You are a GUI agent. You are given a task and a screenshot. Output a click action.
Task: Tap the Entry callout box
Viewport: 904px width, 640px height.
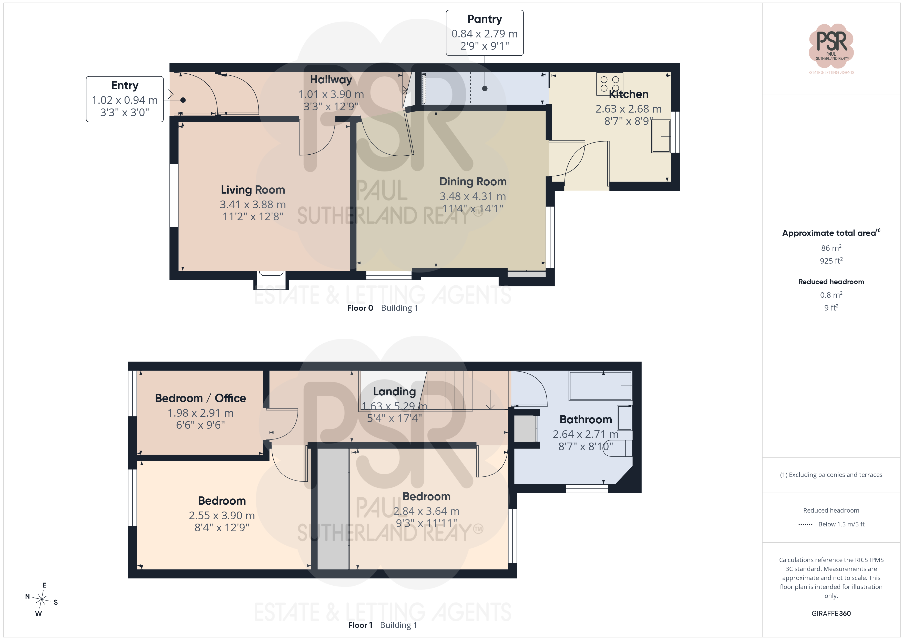click(x=125, y=99)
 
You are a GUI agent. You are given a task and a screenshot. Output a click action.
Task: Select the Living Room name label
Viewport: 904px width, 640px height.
click(x=253, y=190)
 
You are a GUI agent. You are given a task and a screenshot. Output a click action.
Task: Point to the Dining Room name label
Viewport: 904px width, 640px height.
click(x=472, y=182)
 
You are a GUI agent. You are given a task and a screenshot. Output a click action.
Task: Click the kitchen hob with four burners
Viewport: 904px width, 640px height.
click(x=610, y=84)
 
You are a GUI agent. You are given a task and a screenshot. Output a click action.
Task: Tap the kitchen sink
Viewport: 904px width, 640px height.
click(x=661, y=136)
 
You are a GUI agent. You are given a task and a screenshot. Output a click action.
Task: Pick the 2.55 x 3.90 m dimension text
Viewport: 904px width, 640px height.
click(x=222, y=515)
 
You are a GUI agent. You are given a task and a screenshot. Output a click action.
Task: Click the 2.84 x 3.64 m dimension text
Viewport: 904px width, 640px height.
click(x=426, y=511)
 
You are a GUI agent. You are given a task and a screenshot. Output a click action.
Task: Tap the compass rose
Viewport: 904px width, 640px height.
click(x=41, y=599)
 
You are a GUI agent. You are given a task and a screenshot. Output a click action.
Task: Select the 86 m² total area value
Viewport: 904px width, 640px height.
click(x=831, y=248)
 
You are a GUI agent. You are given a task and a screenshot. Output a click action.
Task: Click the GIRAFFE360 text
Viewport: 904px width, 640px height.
click(x=831, y=614)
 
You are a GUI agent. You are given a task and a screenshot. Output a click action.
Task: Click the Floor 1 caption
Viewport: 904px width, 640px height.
click(x=360, y=625)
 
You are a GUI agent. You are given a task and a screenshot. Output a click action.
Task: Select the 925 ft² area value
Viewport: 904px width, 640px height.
click(x=831, y=261)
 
